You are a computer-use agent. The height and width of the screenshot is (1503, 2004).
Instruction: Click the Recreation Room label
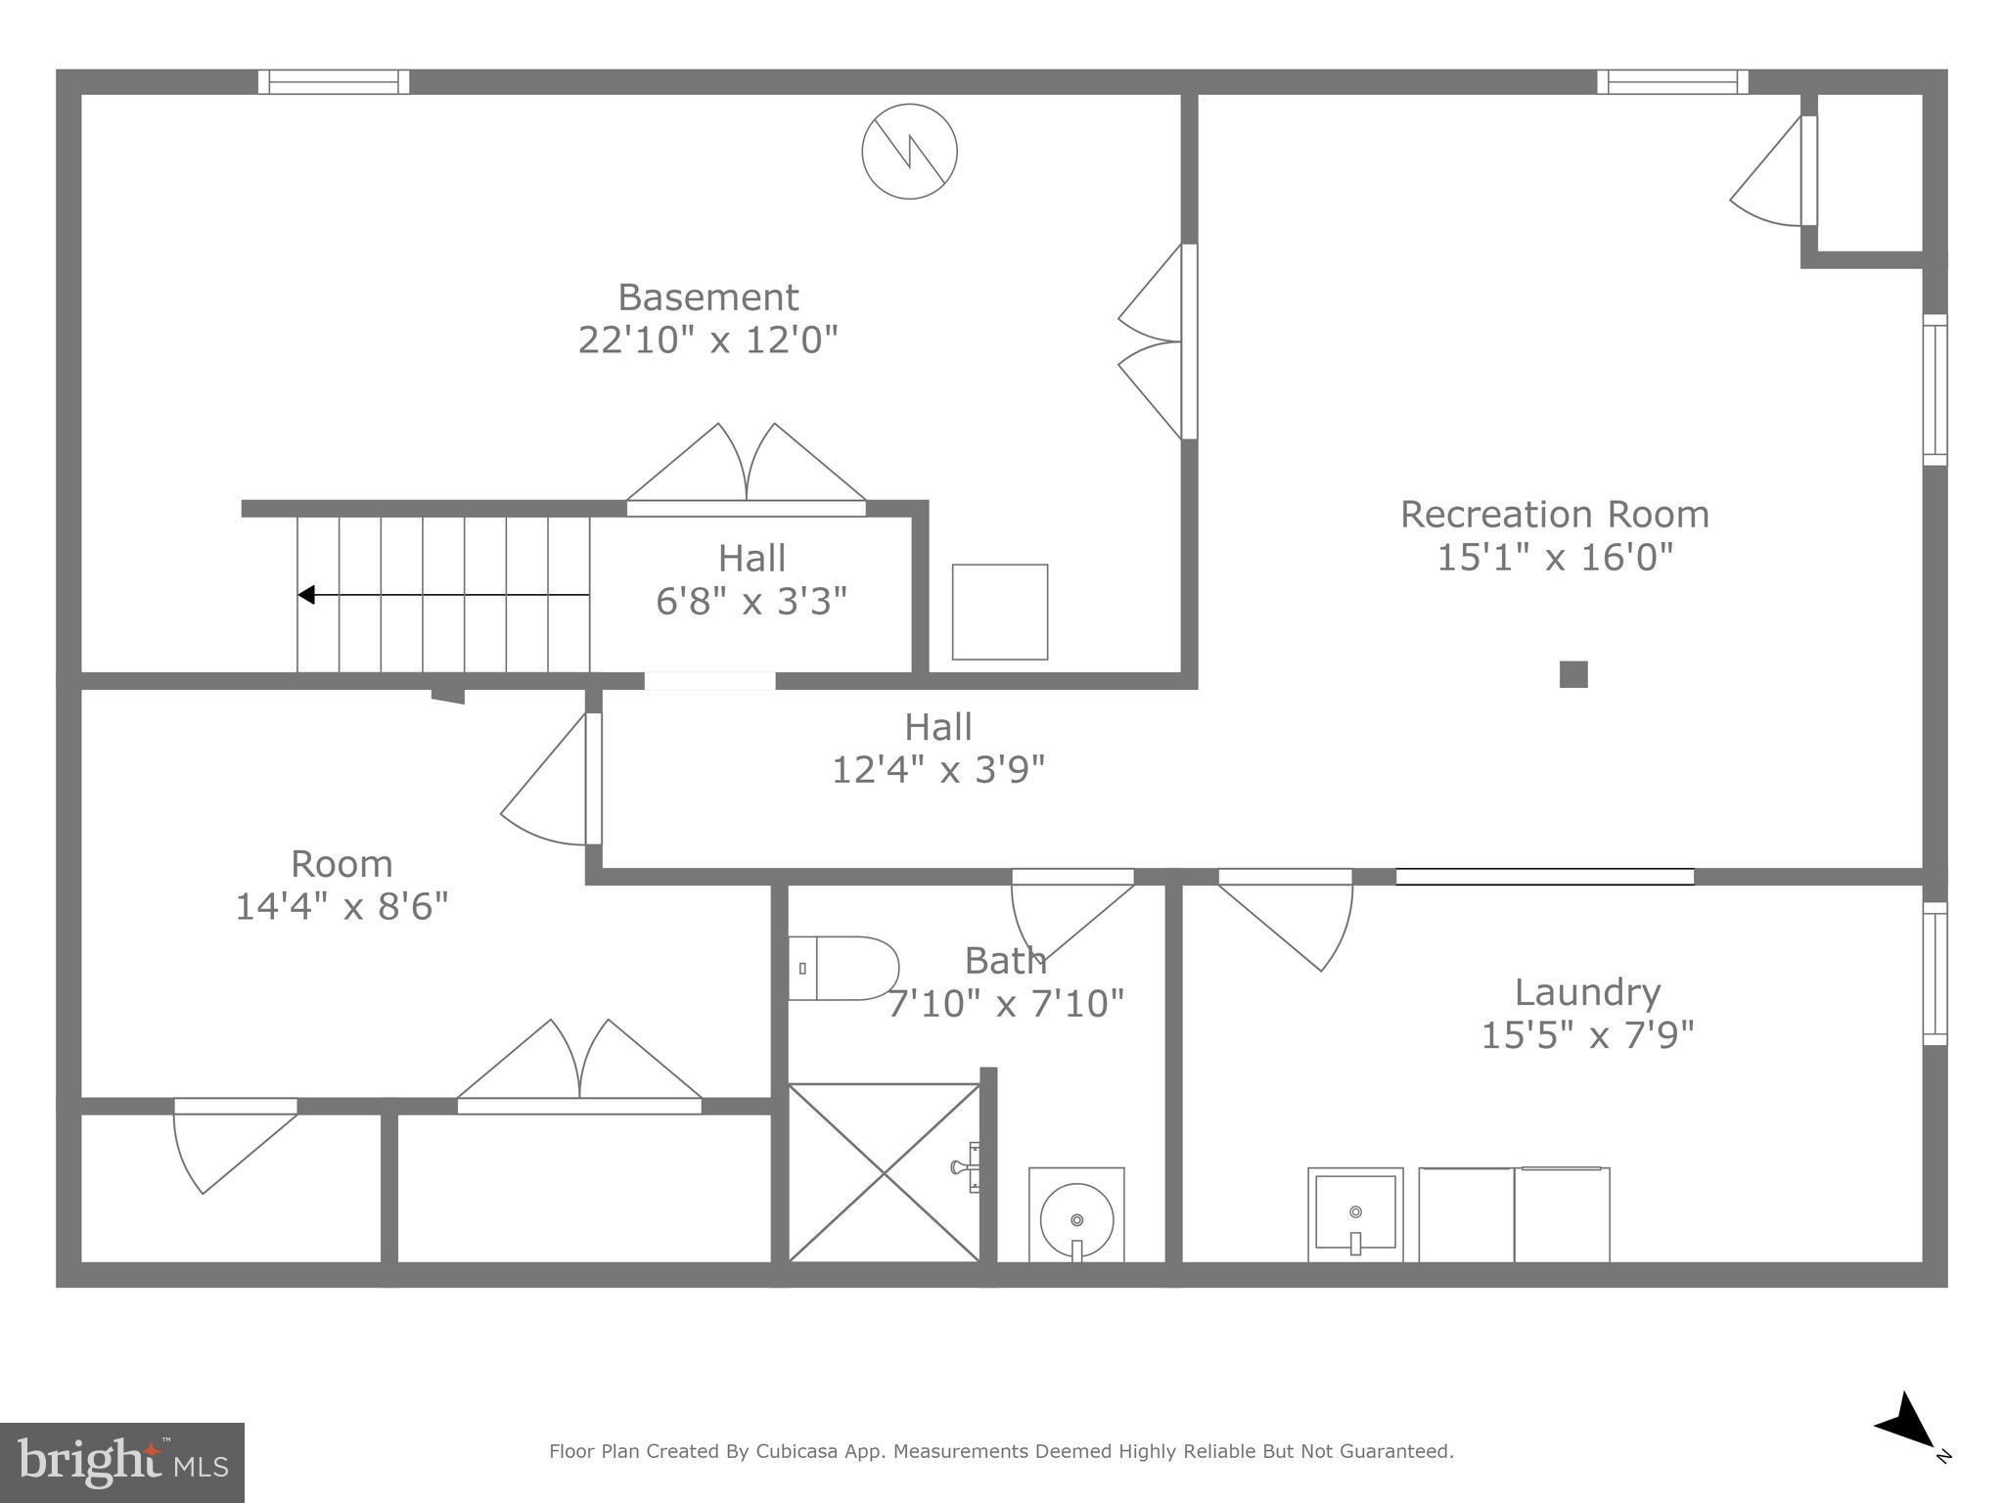[x=1554, y=515]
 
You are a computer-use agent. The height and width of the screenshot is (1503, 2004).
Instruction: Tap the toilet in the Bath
[x=843, y=969]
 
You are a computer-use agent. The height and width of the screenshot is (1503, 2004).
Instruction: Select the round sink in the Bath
[x=1076, y=1219]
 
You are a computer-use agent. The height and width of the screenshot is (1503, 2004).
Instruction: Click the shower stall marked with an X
[x=884, y=1172]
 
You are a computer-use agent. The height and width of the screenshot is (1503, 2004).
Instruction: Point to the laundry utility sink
[x=1355, y=1213]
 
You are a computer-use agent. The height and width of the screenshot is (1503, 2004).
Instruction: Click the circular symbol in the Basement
[x=909, y=152]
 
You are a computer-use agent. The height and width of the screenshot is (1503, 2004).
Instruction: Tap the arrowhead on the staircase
[x=306, y=595]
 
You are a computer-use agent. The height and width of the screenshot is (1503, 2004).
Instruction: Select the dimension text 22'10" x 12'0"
[x=707, y=341]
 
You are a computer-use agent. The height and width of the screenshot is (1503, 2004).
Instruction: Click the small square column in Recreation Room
[x=1573, y=674]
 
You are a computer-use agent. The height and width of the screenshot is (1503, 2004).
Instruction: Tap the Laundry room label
[x=1587, y=992]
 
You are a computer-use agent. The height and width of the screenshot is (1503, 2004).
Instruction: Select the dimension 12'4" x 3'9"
[x=937, y=770]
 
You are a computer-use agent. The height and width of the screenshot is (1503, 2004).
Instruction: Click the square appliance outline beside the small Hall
[x=999, y=612]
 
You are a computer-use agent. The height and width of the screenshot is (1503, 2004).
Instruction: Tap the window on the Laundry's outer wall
[x=1935, y=973]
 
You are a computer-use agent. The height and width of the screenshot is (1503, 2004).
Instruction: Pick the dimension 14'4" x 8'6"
[x=342, y=906]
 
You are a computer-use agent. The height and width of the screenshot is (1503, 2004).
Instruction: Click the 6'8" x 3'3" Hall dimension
[x=751, y=601]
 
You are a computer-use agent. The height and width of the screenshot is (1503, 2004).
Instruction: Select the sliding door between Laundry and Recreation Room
[x=1544, y=877]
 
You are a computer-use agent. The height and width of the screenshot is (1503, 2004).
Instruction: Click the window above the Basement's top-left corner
[x=334, y=82]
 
